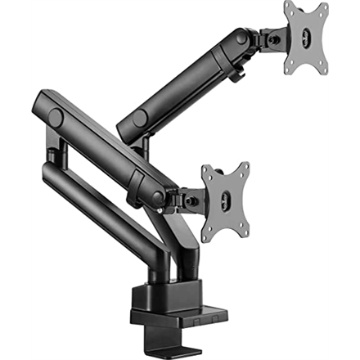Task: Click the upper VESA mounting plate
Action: pyautogui.click(x=305, y=38)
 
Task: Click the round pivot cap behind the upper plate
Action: pyautogui.click(x=242, y=37)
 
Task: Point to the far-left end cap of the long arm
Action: pyautogui.click(x=55, y=117)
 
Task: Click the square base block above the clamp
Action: pyautogui.click(x=176, y=294)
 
